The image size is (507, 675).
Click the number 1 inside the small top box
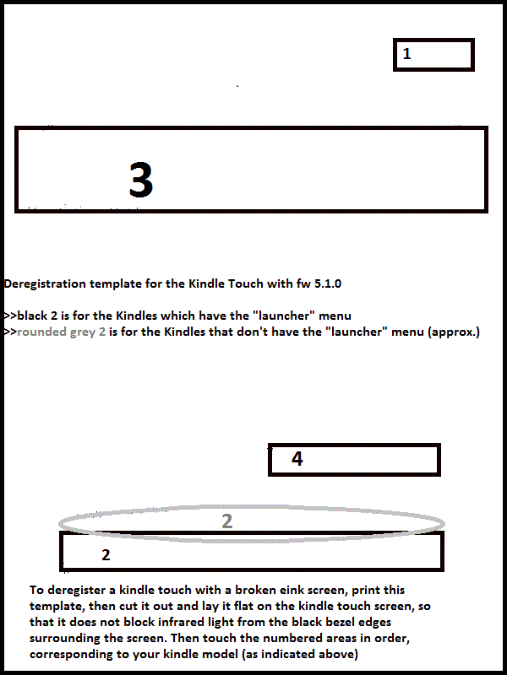coord(406,54)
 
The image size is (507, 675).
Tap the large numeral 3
coord(141,181)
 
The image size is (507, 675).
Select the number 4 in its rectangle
coord(297,459)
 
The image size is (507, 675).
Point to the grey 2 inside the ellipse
coord(227,521)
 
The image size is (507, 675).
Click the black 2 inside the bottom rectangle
coord(106,555)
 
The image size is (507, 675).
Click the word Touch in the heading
coord(246,284)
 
